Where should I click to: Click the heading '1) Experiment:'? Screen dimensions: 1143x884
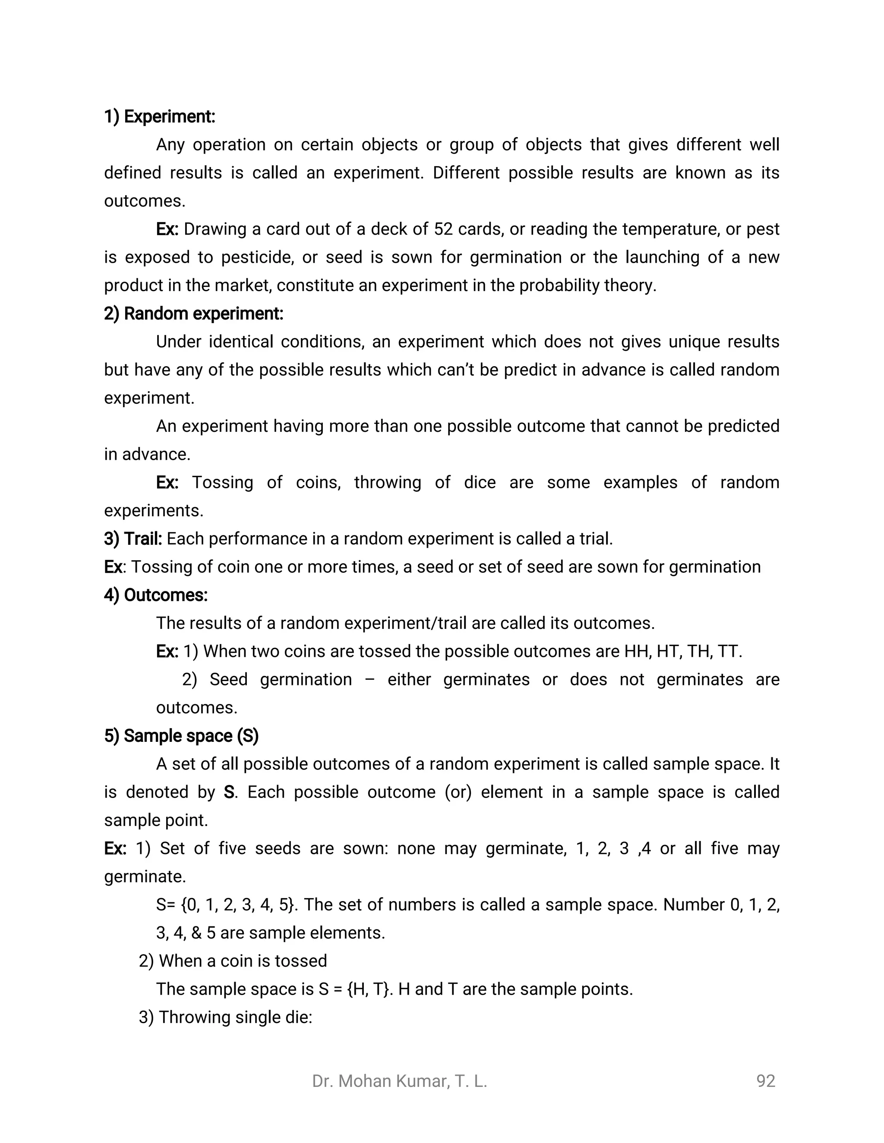click(159, 116)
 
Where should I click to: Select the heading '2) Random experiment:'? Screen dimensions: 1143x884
click(193, 314)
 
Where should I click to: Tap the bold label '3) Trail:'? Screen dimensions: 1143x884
click(133, 539)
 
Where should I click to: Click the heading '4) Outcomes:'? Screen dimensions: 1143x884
click(155, 595)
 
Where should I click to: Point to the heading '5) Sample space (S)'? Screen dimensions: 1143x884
click(181, 736)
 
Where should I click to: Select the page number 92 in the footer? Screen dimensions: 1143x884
click(766, 1081)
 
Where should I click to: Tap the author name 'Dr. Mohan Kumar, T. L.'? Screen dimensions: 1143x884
click(400, 1081)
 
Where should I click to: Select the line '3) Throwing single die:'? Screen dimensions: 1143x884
click(225, 1017)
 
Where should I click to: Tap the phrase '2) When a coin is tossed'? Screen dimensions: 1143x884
click(233, 961)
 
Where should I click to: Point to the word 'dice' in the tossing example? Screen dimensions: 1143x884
click(479, 482)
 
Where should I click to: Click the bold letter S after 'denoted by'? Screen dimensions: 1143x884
click(228, 792)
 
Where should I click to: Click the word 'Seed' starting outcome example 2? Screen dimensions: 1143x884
click(228, 680)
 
